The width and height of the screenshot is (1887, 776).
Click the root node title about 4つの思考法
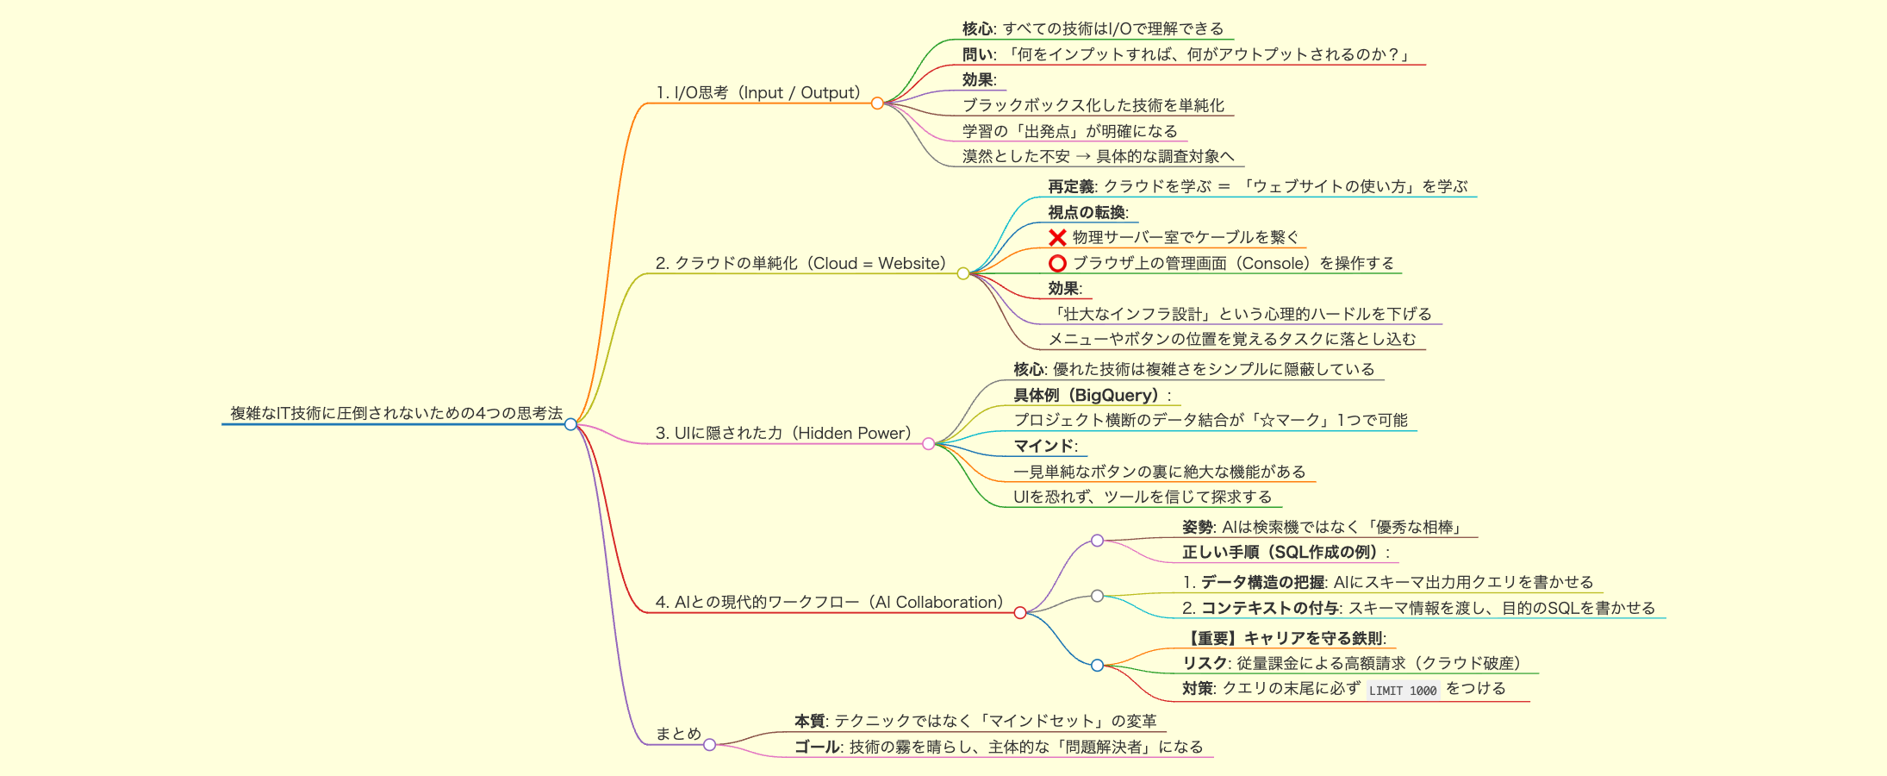point(396,413)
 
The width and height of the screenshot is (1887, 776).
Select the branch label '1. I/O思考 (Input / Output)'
point(758,92)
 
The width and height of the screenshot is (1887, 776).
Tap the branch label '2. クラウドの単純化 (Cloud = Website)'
point(801,263)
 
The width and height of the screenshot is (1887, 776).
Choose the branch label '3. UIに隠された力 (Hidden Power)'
point(783,433)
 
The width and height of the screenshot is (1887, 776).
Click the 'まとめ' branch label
point(678,734)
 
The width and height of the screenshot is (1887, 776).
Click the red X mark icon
point(1057,237)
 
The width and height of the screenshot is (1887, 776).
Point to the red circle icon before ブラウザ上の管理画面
point(1057,263)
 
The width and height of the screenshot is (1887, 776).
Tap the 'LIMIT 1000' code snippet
point(1403,690)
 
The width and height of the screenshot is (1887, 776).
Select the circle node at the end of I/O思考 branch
point(877,103)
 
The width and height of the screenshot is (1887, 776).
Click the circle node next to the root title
point(570,424)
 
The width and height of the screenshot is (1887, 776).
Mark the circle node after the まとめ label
point(709,745)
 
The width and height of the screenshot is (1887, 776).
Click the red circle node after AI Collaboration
point(1020,613)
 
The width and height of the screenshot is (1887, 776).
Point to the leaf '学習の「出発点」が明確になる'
point(1070,131)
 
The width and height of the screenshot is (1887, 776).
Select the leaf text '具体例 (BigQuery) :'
point(1093,395)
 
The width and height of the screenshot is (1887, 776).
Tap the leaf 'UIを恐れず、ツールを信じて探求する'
point(1143,497)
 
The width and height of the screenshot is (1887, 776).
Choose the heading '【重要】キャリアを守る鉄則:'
point(1285,638)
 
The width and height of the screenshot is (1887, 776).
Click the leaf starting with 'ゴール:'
point(999,747)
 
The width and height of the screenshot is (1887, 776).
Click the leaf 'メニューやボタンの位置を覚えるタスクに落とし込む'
point(1232,339)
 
